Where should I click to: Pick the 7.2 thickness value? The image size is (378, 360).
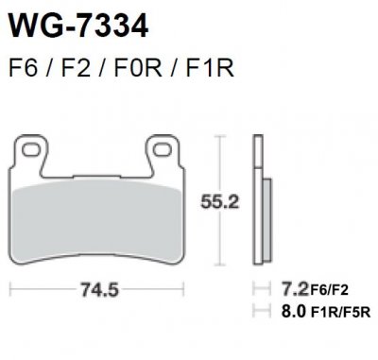273,291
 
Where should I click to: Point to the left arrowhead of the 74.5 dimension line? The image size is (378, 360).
12,290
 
